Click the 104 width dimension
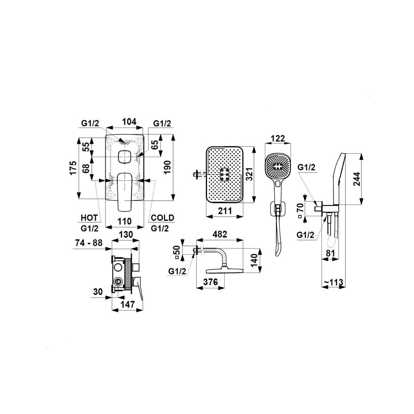[x=129, y=122]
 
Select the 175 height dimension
[x=73, y=168]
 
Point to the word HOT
[x=89, y=218]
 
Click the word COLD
[x=162, y=218]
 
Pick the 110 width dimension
[x=125, y=221]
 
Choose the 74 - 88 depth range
[x=89, y=243]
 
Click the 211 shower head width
[x=225, y=211]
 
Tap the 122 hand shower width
[x=278, y=139]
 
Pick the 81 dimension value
[x=331, y=254]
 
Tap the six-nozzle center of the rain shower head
[x=225, y=174]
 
